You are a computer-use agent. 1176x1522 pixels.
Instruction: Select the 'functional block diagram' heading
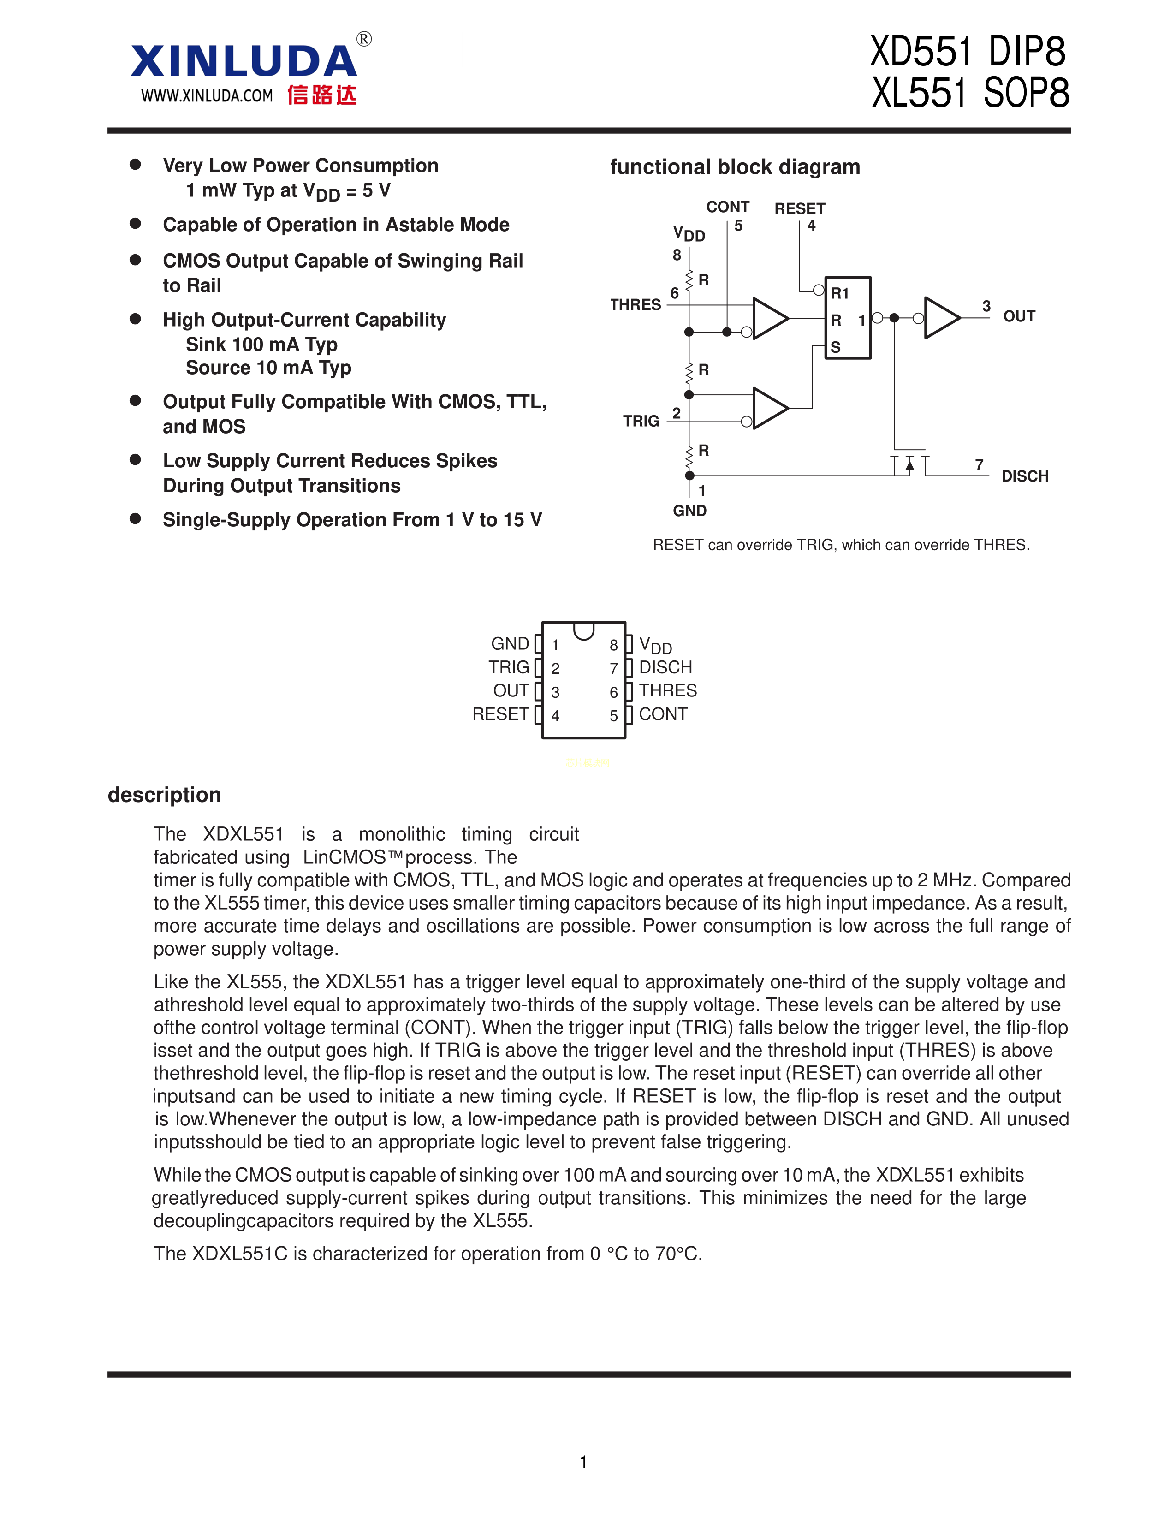coord(735,167)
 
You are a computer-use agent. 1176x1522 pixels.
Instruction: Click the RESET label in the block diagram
coord(799,208)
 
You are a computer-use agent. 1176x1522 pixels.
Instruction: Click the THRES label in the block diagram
coord(636,304)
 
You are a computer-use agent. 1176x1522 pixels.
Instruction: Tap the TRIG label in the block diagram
coord(641,421)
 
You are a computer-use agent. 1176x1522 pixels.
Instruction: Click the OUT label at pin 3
coord(1019,316)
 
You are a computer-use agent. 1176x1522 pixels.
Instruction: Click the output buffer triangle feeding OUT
coord(941,318)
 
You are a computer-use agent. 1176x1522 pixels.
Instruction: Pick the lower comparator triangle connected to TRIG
coord(770,408)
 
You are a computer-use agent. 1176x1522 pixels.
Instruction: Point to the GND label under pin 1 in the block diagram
coord(690,511)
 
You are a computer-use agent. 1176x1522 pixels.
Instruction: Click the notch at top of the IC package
coord(584,630)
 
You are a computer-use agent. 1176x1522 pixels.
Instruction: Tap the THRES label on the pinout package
coord(667,690)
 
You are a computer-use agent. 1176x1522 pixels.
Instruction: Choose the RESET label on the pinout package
coord(500,714)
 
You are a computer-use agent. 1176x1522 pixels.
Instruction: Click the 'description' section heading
coord(165,795)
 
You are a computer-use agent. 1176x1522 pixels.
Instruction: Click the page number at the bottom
coord(584,1462)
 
